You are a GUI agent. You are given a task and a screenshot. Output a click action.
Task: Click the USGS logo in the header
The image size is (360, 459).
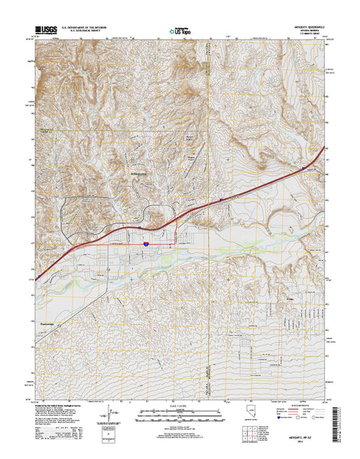point(46,31)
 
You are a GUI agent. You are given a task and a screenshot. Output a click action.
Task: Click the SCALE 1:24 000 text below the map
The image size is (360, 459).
point(180,404)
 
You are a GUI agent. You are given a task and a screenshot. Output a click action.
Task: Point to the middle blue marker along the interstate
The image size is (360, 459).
point(222,200)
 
